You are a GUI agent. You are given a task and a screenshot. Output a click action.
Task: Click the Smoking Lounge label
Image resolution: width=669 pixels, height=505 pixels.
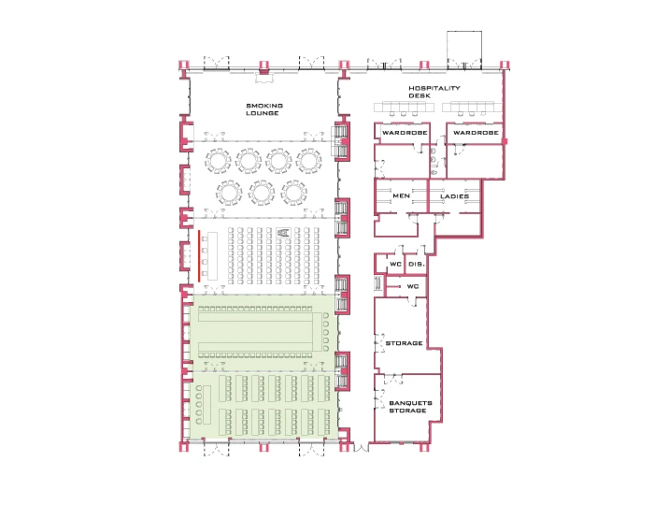point(264,109)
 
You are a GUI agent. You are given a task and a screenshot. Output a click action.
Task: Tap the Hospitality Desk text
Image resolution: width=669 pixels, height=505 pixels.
point(434,92)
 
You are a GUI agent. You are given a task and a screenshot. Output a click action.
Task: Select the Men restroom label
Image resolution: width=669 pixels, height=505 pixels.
point(401,195)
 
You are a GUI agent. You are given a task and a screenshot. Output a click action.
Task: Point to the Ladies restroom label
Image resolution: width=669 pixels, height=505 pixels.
point(454,196)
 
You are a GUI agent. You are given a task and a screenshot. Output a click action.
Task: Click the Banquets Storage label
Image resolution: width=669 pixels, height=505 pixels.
point(410,407)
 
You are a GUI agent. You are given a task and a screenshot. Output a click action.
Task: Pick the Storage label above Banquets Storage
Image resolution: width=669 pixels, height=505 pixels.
point(404,343)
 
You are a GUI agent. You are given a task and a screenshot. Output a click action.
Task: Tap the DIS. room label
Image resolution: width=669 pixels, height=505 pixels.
point(417,265)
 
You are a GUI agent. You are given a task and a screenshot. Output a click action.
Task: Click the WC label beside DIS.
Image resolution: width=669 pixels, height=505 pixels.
point(395,265)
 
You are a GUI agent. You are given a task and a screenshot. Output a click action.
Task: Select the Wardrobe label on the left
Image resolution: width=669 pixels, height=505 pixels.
point(405,133)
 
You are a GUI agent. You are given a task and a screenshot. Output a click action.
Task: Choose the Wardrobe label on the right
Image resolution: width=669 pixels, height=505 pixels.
point(476,133)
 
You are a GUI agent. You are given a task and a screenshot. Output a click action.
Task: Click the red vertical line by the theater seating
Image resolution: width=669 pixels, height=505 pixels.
point(199,256)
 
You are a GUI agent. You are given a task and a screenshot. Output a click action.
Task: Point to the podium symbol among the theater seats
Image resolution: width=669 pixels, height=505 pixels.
point(283,233)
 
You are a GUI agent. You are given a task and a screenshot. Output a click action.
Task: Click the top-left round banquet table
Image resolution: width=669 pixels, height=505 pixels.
point(218,161)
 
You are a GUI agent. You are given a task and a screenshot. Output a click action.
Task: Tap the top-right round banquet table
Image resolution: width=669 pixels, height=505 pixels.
point(309,161)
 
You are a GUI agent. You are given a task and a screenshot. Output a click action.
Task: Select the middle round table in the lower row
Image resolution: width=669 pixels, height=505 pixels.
point(262,193)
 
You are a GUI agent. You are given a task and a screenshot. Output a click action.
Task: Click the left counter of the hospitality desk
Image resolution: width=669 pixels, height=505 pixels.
point(404,107)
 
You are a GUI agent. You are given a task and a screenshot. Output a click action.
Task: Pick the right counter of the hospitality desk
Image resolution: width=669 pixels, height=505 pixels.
point(472,107)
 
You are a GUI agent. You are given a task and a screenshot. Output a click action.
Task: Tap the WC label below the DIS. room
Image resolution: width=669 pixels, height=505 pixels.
point(413,286)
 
